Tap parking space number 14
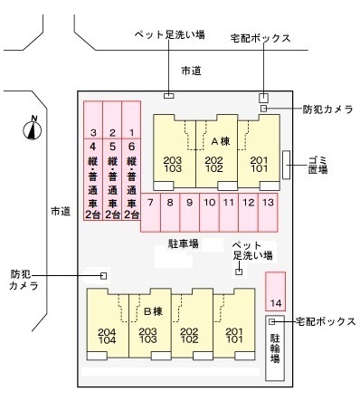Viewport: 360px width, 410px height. pyautogui.click(x=276, y=291)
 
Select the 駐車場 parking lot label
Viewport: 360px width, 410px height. pyautogui.click(x=183, y=243)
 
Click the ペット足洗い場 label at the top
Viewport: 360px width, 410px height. pyautogui.click(x=169, y=36)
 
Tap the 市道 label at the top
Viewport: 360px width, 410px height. pyautogui.click(x=190, y=70)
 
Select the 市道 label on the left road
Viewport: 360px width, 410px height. pyautogui.click(x=60, y=211)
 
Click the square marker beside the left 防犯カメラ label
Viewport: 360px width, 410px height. pyautogui.click(x=104, y=275)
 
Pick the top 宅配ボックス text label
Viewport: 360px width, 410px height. pyautogui.click(x=262, y=38)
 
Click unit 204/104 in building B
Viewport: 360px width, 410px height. pyautogui.click(x=108, y=336)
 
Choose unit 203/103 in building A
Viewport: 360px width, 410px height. pyautogui.click(x=173, y=164)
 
